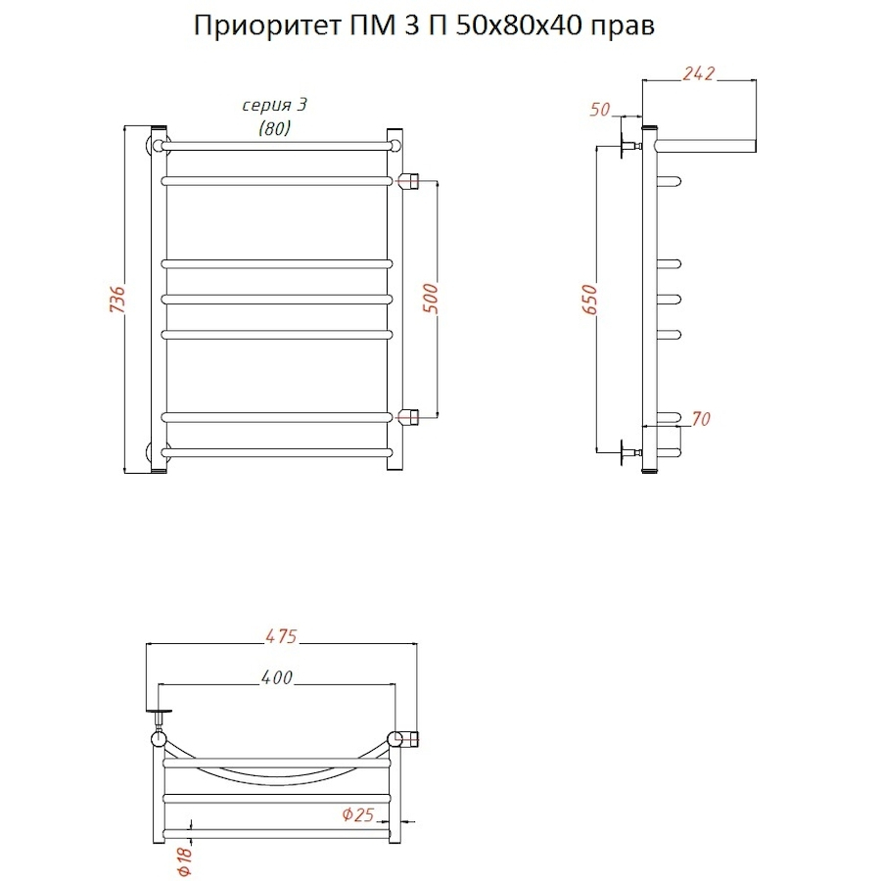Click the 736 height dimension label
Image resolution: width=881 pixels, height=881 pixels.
click(115, 301)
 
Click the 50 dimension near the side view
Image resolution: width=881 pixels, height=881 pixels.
click(600, 110)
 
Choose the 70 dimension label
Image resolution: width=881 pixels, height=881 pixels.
click(700, 419)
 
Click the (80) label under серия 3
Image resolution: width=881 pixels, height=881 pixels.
click(274, 128)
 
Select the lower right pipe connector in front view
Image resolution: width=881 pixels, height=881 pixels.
click(409, 416)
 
